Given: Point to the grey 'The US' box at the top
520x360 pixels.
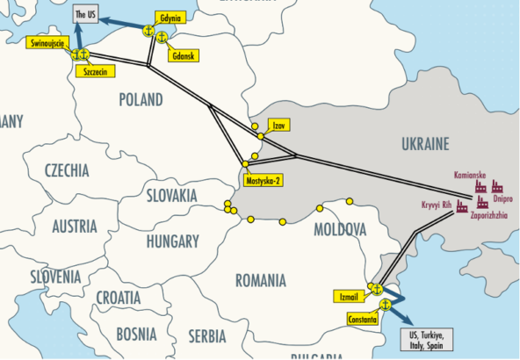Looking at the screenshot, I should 85,15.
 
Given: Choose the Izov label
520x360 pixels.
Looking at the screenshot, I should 280,126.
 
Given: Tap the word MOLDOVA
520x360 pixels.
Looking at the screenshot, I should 339,230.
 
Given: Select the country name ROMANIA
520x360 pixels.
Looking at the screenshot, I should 260,281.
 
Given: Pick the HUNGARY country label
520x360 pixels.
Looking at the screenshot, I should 173,241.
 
